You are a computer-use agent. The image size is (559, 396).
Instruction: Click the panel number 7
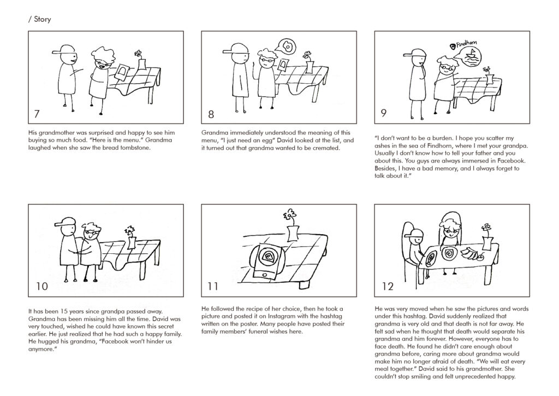tap(37, 114)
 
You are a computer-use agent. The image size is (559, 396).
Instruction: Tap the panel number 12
tap(388, 287)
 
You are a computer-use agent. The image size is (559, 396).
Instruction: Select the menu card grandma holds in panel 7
tap(123, 73)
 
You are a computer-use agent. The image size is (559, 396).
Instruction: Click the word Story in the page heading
tap(43, 19)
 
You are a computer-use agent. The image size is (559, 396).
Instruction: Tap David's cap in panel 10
tap(66, 222)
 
